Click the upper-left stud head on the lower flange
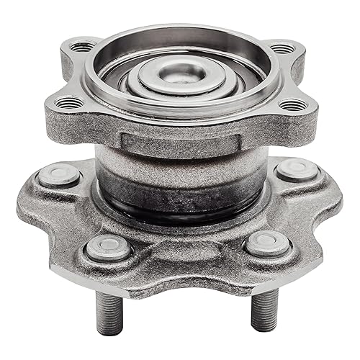pyautogui.click(x=59, y=175)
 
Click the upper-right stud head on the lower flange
pyautogui.click(x=297, y=170)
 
